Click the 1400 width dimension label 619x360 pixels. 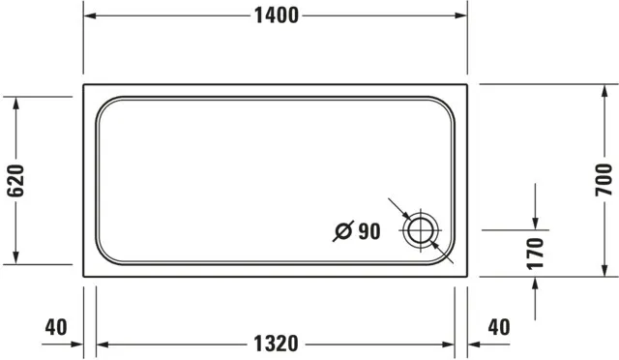pos(275,15)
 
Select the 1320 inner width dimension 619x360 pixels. pos(275,344)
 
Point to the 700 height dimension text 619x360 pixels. pos(603,179)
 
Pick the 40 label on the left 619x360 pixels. pos(56,327)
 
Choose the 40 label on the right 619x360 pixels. pos(498,327)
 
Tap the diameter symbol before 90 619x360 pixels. pos(342,231)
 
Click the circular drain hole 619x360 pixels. pos(422,231)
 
